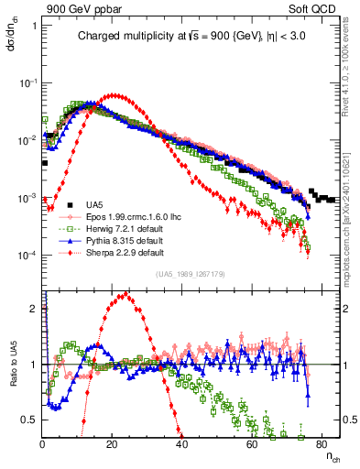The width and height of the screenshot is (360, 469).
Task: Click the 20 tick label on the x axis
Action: [113, 444]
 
